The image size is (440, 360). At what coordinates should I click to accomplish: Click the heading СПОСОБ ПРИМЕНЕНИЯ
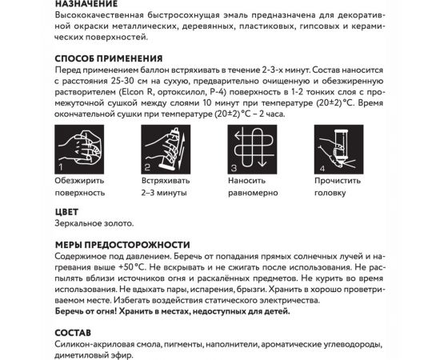(x=110, y=58)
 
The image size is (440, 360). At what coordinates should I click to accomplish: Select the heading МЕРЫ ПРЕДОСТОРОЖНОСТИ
(x=123, y=244)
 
